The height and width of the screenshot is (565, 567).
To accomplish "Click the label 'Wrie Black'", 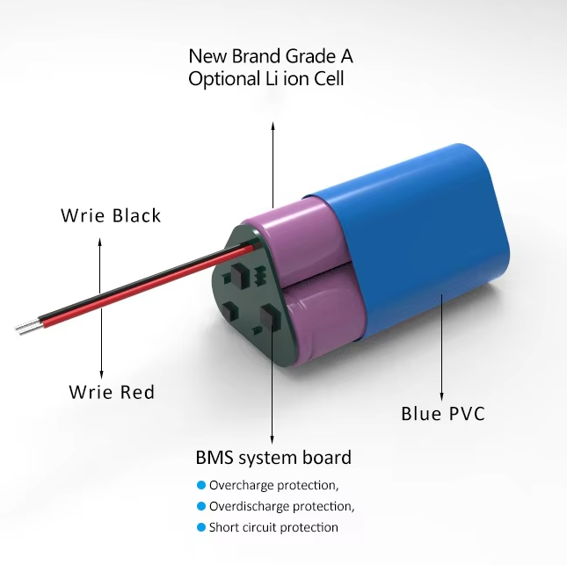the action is tap(111, 216).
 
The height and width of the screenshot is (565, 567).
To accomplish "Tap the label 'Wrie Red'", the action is tap(112, 392).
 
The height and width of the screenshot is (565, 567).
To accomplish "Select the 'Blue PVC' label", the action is tap(443, 414).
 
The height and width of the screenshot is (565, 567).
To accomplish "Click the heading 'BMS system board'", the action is tap(273, 458).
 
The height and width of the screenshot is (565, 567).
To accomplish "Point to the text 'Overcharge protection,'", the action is tap(273, 485).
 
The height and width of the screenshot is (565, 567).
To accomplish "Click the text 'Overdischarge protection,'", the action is tap(281, 506).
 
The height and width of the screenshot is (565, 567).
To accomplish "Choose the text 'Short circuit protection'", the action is tap(273, 527).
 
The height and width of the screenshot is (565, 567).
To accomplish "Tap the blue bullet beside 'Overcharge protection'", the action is tap(201, 485).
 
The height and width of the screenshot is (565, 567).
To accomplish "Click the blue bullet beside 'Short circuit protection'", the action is tap(201, 527).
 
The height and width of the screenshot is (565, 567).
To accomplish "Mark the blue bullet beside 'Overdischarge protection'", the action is tap(201, 506).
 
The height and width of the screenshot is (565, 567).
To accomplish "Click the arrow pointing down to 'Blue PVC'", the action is tap(441, 347).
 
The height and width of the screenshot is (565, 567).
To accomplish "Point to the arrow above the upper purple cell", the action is tap(273, 165).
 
